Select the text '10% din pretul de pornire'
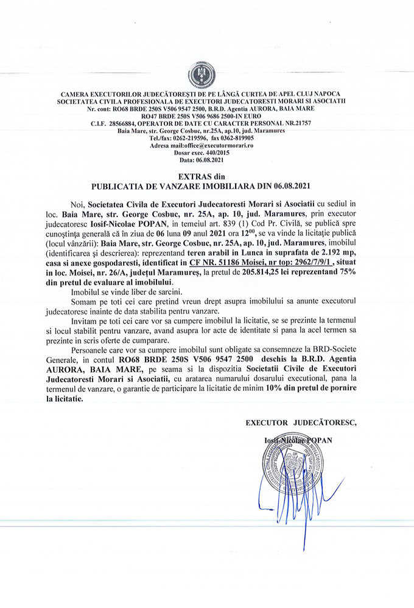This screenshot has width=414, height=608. (311, 389)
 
